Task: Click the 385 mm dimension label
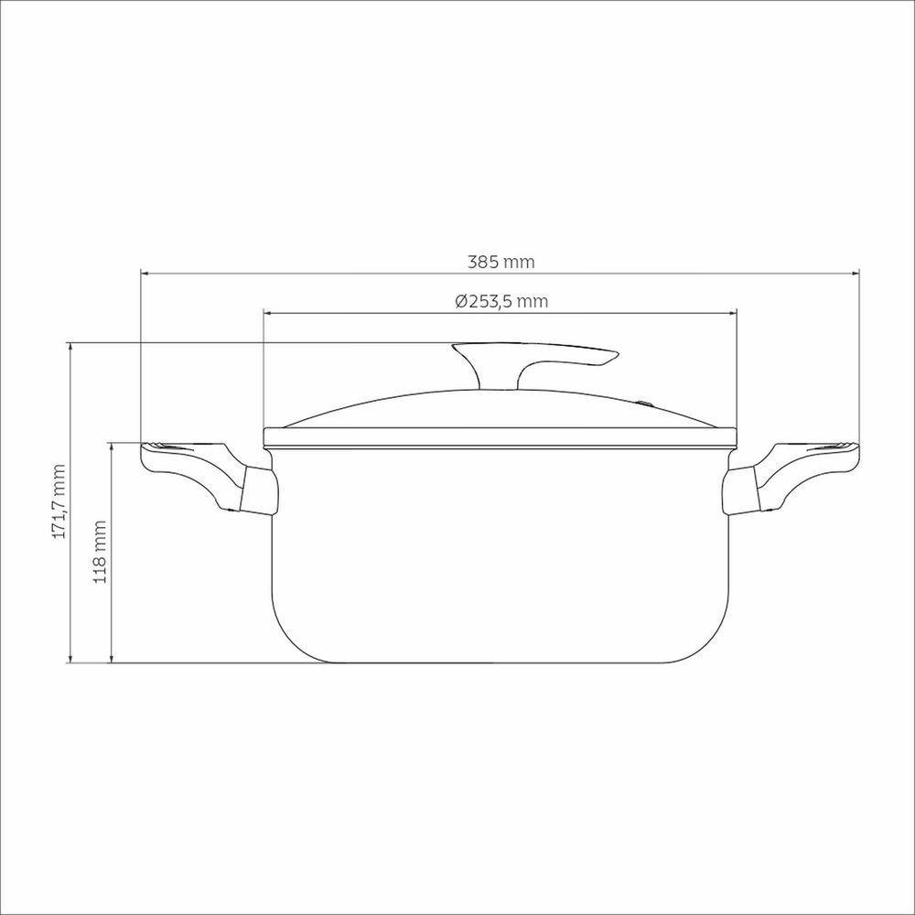(x=501, y=262)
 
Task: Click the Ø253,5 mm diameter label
(x=501, y=301)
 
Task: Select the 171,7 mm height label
(x=60, y=501)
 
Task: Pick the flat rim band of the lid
(x=501, y=437)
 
